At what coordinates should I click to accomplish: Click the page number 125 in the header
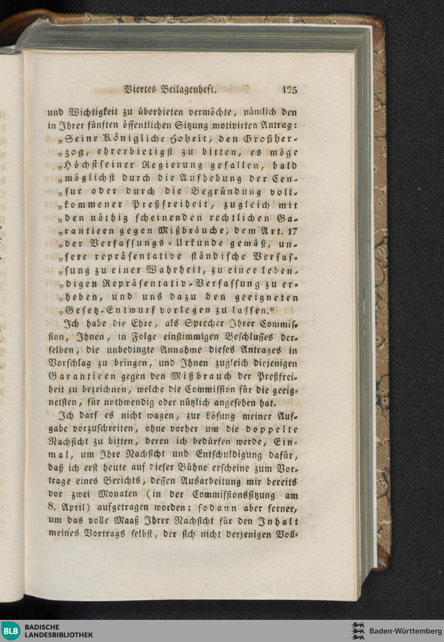tap(289, 90)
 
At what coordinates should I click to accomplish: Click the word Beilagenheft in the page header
tap(187, 90)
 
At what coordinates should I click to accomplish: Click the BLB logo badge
tap(11, 630)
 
